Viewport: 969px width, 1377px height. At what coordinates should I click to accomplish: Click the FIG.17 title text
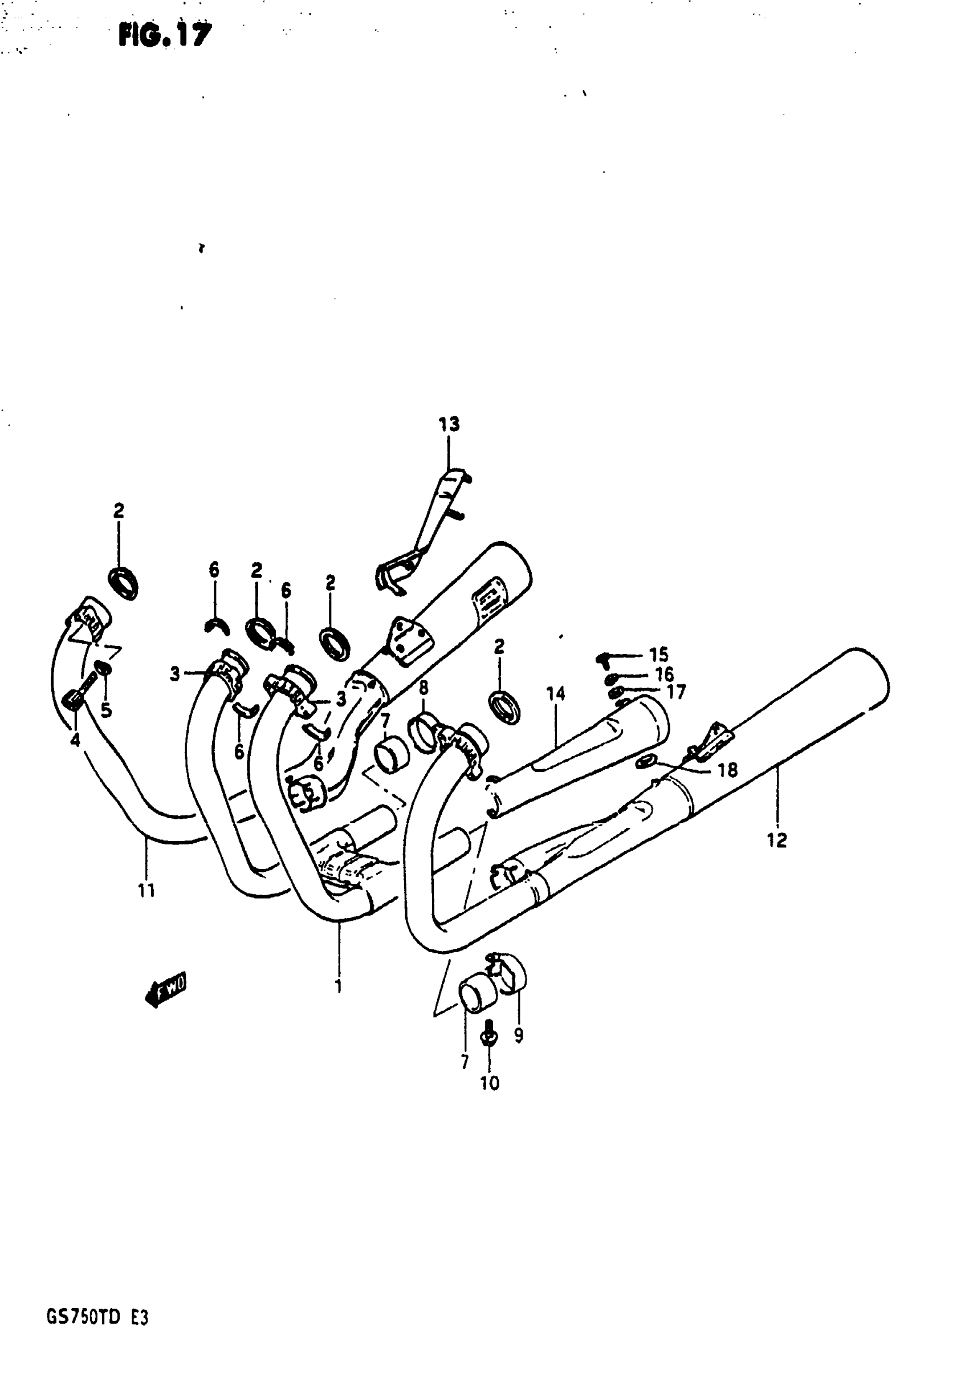[x=165, y=35]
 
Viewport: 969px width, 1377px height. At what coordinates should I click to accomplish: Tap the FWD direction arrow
[x=166, y=993]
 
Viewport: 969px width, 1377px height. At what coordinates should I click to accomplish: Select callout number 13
[x=449, y=424]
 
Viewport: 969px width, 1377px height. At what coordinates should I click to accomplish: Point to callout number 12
[x=776, y=840]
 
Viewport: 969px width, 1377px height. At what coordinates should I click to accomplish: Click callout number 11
[x=146, y=891]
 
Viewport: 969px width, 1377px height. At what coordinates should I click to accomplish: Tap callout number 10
[x=489, y=1083]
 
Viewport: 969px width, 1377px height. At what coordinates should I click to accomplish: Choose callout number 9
[x=519, y=1034]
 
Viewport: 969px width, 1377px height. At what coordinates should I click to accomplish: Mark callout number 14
[x=555, y=694]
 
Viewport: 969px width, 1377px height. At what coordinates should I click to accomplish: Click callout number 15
[x=658, y=655]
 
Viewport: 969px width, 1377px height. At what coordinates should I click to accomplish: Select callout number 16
[x=665, y=674]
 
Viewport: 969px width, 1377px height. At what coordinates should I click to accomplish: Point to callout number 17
[x=676, y=692]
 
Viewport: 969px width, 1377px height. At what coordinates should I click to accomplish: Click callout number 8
[x=424, y=688]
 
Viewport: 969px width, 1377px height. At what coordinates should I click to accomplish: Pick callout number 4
[x=75, y=741]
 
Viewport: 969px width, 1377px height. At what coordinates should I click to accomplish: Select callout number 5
[x=106, y=710]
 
